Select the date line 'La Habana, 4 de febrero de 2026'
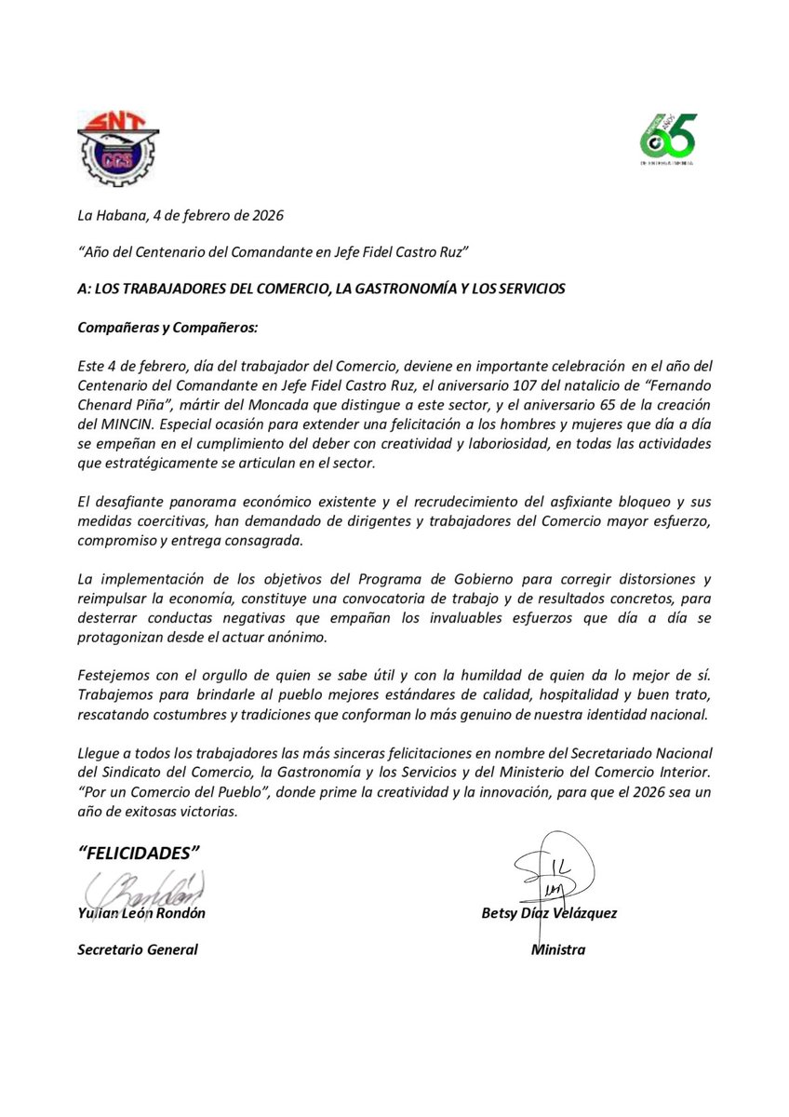click(x=180, y=216)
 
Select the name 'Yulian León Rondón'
click(x=141, y=913)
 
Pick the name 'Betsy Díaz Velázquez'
click(x=548, y=913)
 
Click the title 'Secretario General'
click(x=138, y=949)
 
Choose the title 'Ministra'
click(x=557, y=949)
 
